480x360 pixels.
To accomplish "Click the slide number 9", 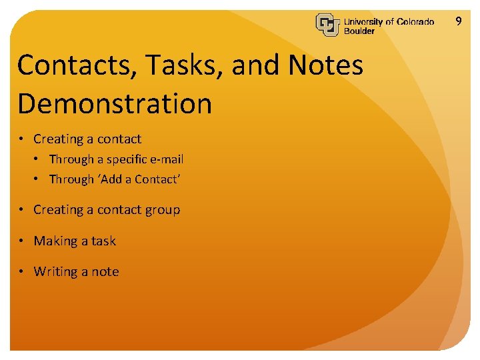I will click(x=458, y=21).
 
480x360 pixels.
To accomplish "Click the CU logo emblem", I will click(x=328, y=25).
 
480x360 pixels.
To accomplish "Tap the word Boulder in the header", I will click(x=359, y=31).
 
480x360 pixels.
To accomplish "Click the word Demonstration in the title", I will click(x=115, y=104).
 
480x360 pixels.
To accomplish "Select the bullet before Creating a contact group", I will click(x=22, y=210).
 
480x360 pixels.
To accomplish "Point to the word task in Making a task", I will click(x=103, y=241).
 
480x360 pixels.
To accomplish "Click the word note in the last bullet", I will click(x=105, y=272).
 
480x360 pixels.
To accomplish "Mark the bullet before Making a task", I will click(x=22, y=241).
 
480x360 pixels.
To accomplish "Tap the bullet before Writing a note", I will click(x=22, y=272).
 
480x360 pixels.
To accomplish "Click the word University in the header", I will click(x=363, y=21).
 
